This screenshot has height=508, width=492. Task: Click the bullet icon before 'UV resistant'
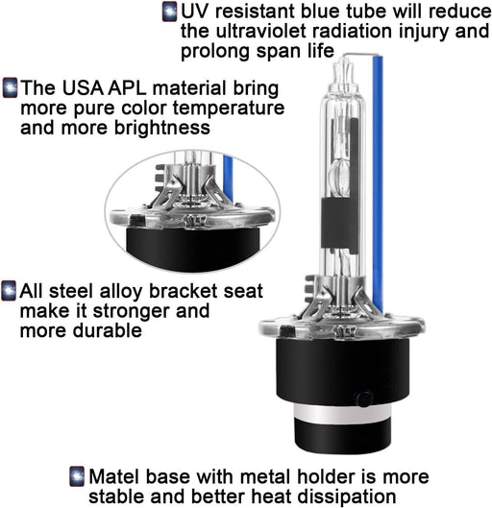point(169,12)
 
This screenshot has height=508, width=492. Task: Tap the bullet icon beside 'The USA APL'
point(10,87)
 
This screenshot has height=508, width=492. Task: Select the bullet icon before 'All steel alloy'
point(9,291)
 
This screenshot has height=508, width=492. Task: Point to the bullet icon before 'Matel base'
point(77,476)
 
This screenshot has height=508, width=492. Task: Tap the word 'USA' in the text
point(83,87)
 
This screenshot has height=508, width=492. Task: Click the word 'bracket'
point(184,291)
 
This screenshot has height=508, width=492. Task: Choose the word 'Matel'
point(114,476)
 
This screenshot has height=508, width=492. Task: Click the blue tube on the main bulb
point(378,184)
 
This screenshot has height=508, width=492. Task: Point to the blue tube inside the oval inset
point(228,179)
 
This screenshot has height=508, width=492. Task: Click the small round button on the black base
point(364,399)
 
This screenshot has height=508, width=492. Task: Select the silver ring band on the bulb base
point(343,413)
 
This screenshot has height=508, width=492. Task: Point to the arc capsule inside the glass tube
point(339,176)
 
